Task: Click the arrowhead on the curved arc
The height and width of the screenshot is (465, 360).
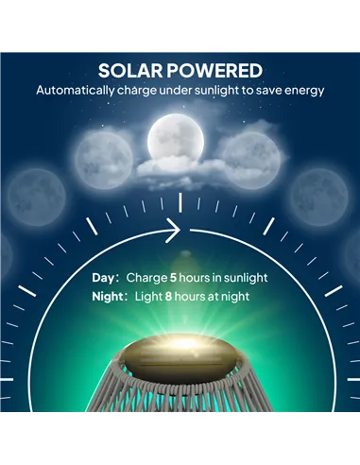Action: click(x=175, y=228)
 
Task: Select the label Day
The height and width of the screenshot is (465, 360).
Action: click(x=103, y=278)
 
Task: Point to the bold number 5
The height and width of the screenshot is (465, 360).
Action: click(x=174, y=278)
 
